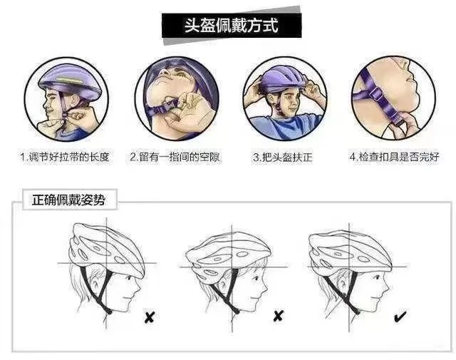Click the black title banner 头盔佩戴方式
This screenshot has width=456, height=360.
[232, 26]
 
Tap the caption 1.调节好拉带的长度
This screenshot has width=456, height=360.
[65, 157]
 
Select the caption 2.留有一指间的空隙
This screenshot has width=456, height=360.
[175, 157]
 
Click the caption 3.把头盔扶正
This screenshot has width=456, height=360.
[283, 158]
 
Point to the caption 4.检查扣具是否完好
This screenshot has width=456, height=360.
[394, 157]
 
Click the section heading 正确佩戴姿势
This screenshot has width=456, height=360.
[68, 200]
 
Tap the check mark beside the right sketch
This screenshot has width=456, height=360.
[400, 317]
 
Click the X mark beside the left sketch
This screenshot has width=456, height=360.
[150, 317]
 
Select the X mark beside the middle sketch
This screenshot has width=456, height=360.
[279, 316]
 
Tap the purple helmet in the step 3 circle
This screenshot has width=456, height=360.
[282, 78]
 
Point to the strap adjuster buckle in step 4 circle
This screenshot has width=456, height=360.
[375, 94]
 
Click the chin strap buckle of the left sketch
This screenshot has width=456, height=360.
[108, 311]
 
